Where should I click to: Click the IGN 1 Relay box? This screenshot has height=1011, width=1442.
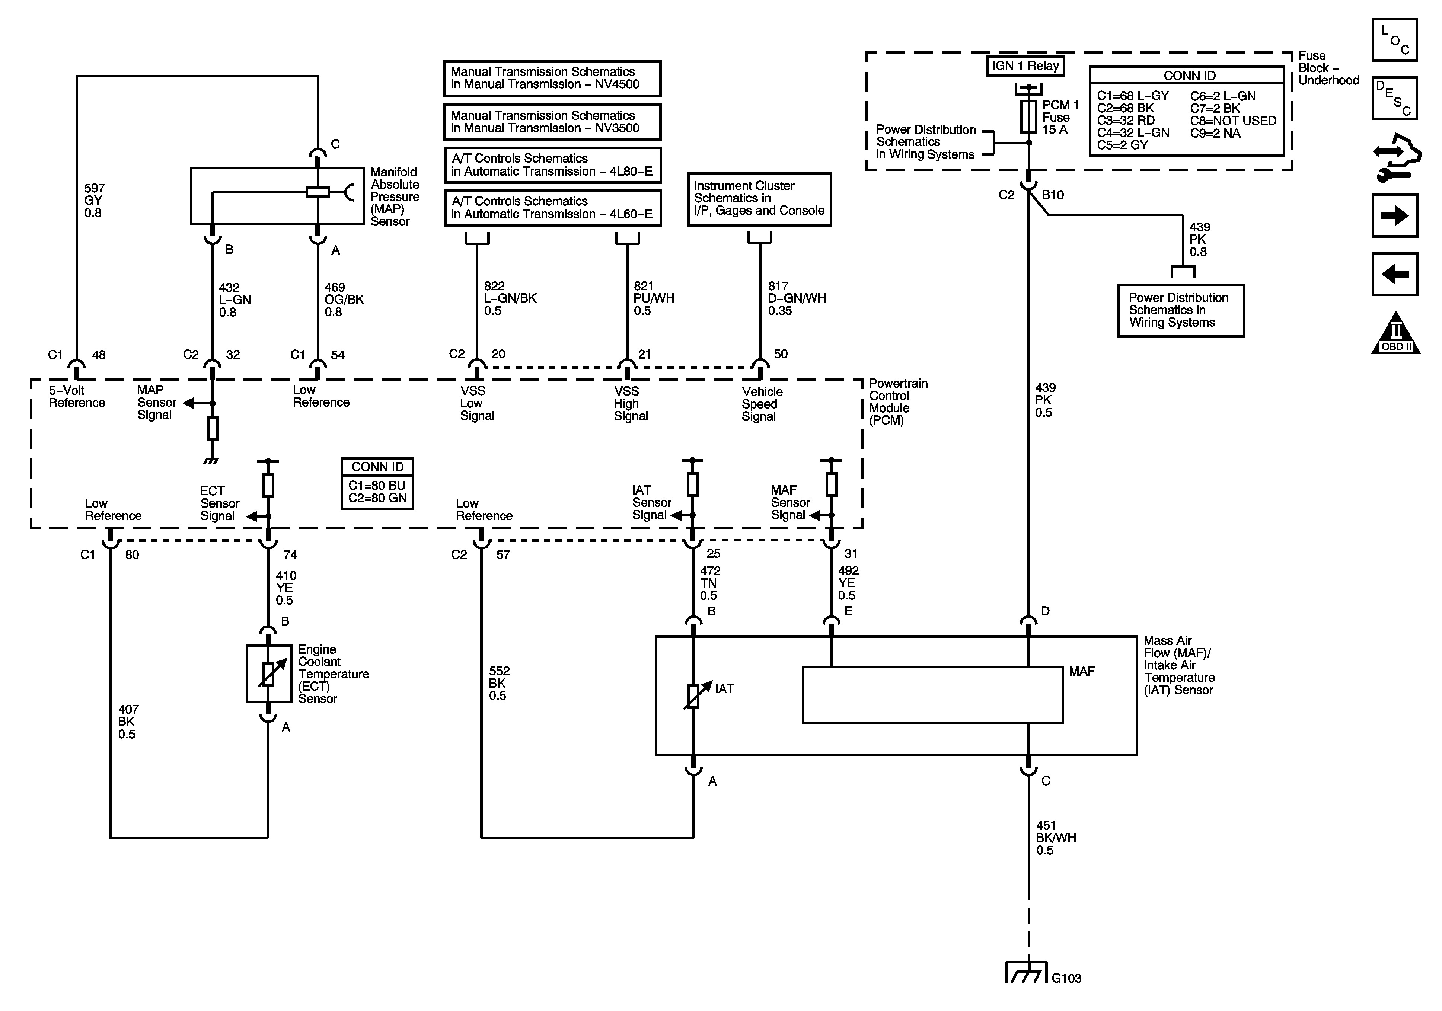[x=1025, y=66]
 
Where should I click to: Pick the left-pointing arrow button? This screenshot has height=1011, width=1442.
[x=1394, y=274]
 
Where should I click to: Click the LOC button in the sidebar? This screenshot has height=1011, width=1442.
[x=1394, y=39]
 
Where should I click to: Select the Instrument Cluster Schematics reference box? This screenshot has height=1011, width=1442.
[x=759, y=199]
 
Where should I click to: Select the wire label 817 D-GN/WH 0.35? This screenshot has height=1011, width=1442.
[x=796, y=298]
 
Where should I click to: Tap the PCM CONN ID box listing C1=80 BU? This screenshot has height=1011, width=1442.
[x=377, y=483]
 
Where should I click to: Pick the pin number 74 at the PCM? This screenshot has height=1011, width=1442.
[x=290, y=554]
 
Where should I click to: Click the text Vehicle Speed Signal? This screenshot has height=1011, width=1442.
[x=762, y=404]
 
